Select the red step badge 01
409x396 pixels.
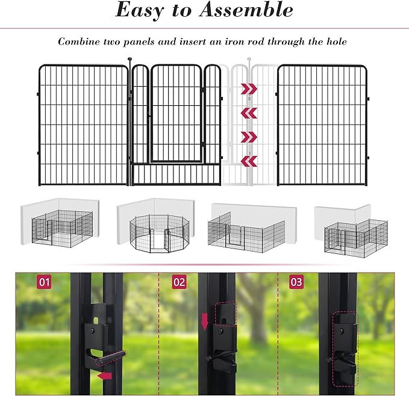pos(44,281)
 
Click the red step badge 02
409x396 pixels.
pos(179,281)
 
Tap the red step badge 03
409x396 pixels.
pos(296,281)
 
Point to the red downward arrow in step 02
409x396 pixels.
pos(205,321)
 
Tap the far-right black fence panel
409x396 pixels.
pos(322,125)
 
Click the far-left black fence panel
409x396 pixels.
pos(84,125)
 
